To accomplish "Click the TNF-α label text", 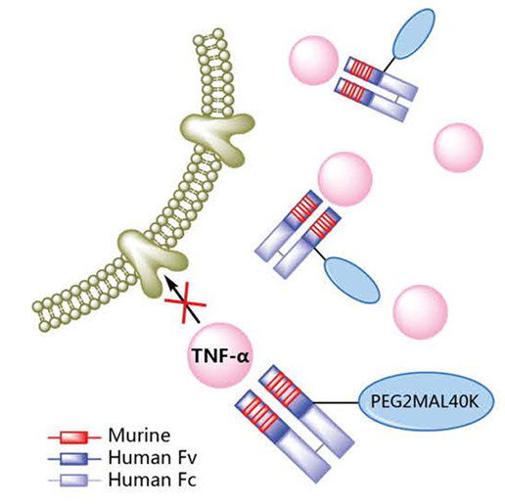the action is point(221,355).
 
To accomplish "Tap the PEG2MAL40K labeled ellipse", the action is point(427,402).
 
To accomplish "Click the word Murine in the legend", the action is point(139,435).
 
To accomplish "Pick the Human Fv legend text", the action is point(153,458).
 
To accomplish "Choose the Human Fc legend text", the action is point(153,480).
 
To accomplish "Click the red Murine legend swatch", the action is point(74,437).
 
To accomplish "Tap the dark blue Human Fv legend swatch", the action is point(74,459).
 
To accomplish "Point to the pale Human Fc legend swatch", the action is point(74,481).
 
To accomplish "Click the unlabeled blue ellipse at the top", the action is point(415,33).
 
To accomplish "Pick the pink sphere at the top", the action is point(314,61).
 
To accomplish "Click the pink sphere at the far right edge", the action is point(458,147).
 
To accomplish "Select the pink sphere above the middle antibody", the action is point(345,179).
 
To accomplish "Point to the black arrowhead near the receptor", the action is point(170,282).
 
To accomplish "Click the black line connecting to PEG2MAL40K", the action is point(337,403).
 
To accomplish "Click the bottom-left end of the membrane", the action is point(42,314).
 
